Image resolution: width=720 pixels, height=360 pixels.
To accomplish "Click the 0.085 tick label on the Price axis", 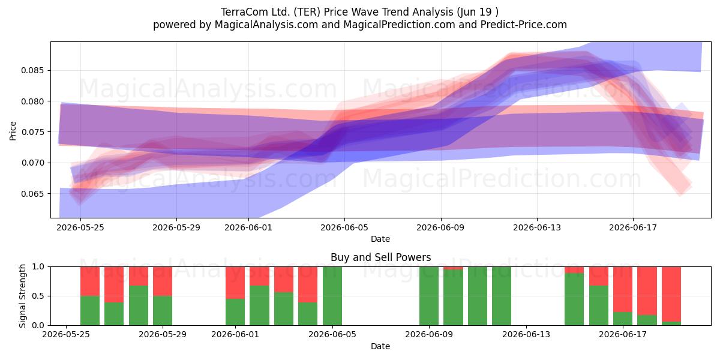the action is pyautogui.click(x=32, y=70).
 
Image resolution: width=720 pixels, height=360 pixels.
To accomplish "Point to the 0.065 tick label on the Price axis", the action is pyautogui.click(x=32, y=194).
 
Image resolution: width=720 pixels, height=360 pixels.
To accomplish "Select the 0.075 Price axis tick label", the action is pyautogui.click(x=32, y=132).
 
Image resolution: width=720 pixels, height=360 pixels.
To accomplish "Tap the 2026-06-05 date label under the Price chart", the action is pyautogui.click(x=344, y=227).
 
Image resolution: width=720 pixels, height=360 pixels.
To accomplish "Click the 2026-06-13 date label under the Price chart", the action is pyautogui.click(x=537, y=227).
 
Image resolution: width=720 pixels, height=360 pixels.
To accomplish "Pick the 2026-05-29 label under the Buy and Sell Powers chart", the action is pyautogui.click(x=163, y=334).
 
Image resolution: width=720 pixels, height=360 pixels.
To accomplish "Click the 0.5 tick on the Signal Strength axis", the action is pyautogui.click(x=38, y=296).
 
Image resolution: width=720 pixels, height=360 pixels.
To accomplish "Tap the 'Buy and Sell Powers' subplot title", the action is pyautogui.click(x=380, y=257).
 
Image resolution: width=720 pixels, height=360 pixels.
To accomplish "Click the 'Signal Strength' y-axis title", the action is pyautogui.click(x=22, y=296).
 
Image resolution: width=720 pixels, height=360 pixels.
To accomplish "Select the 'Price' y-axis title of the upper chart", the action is pyautogui.click(x=13, y=131).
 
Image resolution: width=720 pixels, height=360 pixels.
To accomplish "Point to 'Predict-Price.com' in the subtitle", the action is pyautogui.click(x=524, y=25).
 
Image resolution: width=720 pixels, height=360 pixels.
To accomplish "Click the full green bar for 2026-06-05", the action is pyautogui.click(x=332, y=296).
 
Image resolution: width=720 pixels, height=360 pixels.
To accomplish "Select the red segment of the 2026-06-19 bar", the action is pyautogui.click(x=671, y=294).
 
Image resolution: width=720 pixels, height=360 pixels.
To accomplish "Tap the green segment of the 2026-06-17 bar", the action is pyautogui.click(x=623, y=319).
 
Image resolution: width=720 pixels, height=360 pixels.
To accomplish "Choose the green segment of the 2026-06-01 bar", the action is pyautogui.click(x=235, y=312).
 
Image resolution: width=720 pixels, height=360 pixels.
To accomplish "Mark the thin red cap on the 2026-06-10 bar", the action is pyautogui.click(x=453, y=268).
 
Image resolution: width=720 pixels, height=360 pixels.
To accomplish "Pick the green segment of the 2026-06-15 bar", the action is pyautogui.click(x=574, y=299).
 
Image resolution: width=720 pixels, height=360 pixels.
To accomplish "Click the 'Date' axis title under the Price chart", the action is pyautogui.click(x=380, y=239).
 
